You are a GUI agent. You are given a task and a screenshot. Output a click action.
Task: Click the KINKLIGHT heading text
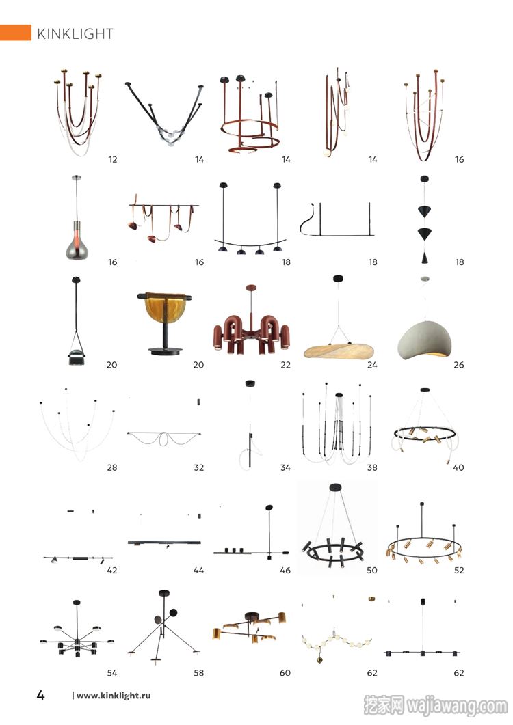[75, 33]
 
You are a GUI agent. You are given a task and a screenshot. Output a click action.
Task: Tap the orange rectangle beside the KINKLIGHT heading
[15, 33]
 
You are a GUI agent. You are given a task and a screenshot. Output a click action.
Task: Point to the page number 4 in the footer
[41, 695]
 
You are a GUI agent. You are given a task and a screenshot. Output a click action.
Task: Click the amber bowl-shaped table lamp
[164, 324]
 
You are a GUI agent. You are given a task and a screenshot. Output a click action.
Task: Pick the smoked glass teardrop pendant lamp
[77, 218]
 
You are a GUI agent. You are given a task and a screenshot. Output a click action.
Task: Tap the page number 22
[286, 365]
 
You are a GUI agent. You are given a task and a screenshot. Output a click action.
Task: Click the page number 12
[112, 159]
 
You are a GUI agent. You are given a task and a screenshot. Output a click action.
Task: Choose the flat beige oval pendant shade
[339, 351]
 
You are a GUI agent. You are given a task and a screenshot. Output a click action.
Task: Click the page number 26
[459, 365]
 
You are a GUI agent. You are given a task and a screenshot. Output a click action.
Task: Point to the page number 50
[372, 570]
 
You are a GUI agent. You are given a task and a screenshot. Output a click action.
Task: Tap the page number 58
[198, 673]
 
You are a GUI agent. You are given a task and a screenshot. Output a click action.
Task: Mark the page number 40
[458, 467]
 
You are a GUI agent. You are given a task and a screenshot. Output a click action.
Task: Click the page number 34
[286, 467]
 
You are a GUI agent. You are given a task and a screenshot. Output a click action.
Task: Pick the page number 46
[285, 570]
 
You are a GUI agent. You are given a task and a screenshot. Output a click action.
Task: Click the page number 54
[112, 673]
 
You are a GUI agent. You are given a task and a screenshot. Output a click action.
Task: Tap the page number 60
[285, 673]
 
